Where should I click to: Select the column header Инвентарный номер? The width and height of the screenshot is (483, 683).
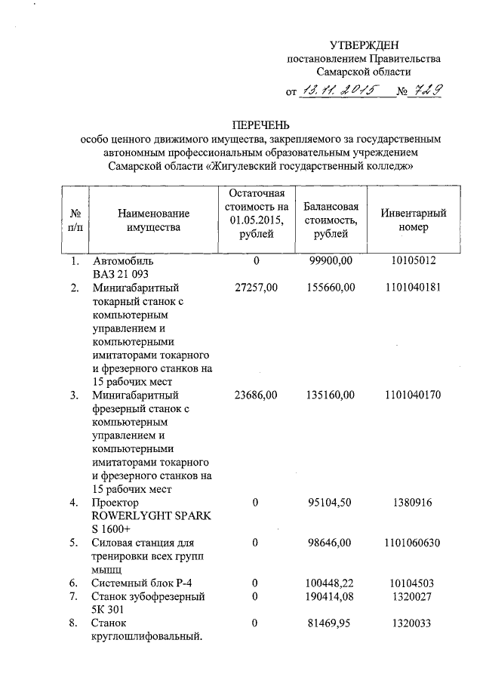(x=414, y=220)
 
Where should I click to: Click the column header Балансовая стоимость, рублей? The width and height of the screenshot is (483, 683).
(x=331, y=220)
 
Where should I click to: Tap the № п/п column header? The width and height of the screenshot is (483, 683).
(x=75, y=220)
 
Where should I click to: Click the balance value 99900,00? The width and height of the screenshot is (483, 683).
(x=331, y=261)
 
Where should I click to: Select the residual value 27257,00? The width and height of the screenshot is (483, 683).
(x=256, y=288)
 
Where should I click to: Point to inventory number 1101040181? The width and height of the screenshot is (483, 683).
(x=412, y=288)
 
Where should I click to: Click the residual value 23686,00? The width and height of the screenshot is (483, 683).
(x=256, y=395)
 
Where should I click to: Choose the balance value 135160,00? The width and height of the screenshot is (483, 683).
(x=331, y=395)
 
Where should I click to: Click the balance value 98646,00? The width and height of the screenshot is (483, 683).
(x=331, y=543)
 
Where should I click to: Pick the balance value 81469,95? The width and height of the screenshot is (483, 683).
(x=331, y=623)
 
